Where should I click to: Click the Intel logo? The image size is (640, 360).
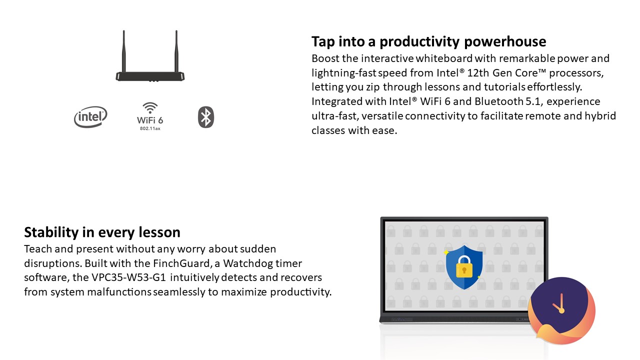[x=90, y=117]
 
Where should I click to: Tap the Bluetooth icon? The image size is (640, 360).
[x=205, y=117]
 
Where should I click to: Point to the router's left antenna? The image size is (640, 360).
[x=123, y=51]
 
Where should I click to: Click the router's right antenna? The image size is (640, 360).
[x=176, y=51]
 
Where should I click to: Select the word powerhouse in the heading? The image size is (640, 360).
[x=505, y=41]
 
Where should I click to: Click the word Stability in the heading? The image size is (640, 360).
[x=51, y=232]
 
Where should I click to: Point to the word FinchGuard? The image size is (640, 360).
[x=181, y=263]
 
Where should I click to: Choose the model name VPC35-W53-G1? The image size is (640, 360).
[x=128, y=277]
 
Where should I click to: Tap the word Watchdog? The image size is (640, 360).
[x=243, y=263]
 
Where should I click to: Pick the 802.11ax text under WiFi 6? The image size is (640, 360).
[x=150, y=128]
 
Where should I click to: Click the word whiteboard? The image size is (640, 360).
[x=444, y=58]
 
